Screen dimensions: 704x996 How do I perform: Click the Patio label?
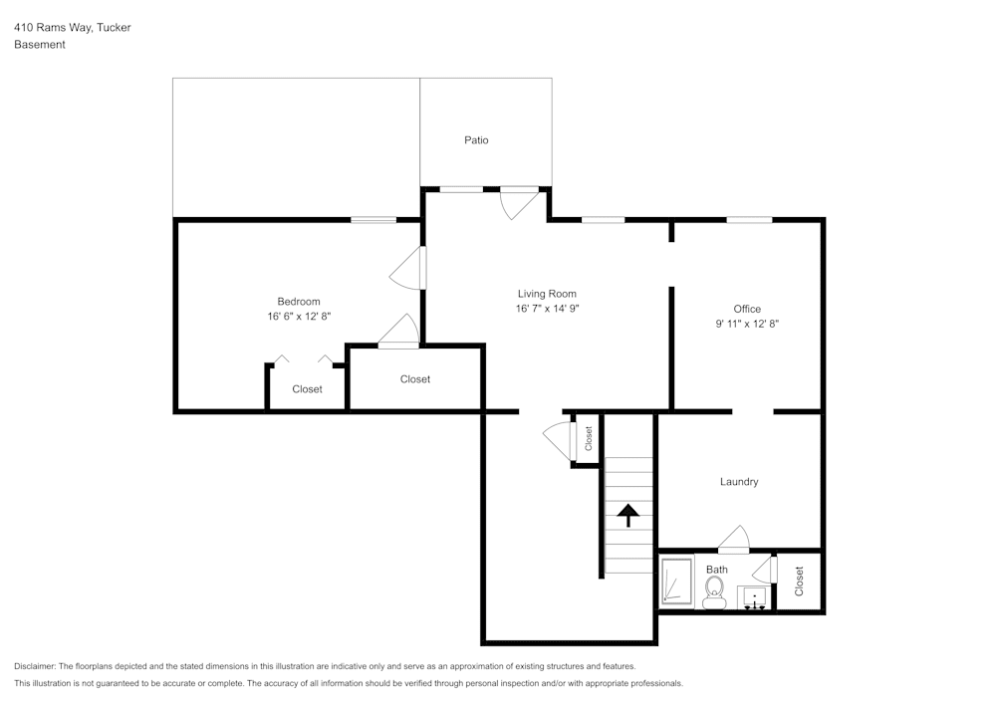tap(476, 140)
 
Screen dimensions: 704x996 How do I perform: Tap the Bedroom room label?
tap(299, 302)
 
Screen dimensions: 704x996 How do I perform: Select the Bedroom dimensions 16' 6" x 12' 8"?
tap(299, 317)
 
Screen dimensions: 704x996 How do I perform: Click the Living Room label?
tap(547, 294)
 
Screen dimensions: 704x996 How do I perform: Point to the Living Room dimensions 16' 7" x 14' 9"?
tap(547, 309)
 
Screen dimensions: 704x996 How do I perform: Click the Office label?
tap(747, 309)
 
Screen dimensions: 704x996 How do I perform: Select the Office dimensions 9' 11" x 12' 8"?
tap(747, 324)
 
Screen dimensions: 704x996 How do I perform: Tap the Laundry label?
tap(739, 482)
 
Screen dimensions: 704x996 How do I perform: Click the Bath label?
tap(717, 570)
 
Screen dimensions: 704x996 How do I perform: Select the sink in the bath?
tap(753, 597)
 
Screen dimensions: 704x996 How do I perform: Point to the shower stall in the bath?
tap(677, 583)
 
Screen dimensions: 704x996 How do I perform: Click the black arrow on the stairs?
tap(627, 515)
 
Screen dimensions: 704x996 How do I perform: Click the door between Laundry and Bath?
tap(733, 539)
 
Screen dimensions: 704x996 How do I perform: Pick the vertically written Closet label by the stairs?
tap(589, 438)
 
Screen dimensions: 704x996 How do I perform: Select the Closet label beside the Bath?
tap(799, 582)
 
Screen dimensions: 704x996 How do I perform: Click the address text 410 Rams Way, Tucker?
tap(73, 28)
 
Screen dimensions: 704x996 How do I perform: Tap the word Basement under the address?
tap(40, 45)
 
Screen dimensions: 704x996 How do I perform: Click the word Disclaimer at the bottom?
tap(35, 666)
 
